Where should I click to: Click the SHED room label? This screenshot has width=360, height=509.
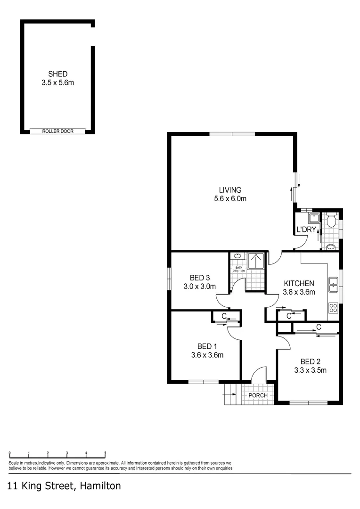click(x=57, y=74)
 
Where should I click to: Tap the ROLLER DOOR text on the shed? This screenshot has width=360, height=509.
click(x=58, y=131)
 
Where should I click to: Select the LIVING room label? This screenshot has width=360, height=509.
click(x=230, y=190)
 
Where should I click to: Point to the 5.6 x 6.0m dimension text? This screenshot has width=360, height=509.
click(x=230, y=198)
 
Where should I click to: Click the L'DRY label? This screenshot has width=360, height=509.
click(x=305, y=230)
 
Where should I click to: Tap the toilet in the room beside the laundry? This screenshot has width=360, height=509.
click(x=331, y=221)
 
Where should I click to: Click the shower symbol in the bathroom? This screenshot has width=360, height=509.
click(x=257, y=260)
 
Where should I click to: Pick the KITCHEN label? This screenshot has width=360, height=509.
click(x=299, y=283)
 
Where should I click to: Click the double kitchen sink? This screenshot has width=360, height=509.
click(x=333, y=284)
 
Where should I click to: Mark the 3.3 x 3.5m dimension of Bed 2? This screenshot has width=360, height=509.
click(x=310, y=370)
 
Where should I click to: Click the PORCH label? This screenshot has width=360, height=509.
click(x=258, y=395)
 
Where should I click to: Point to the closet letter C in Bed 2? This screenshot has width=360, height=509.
click(x=319, y=327)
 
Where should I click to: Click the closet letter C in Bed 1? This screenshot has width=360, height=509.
click(x=224, y=316)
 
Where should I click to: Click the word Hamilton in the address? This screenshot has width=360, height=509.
click(x=100, y=486)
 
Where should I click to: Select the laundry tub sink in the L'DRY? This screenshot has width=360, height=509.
click(x=314, y=218)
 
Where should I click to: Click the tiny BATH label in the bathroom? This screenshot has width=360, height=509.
click(x=239, y=267)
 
